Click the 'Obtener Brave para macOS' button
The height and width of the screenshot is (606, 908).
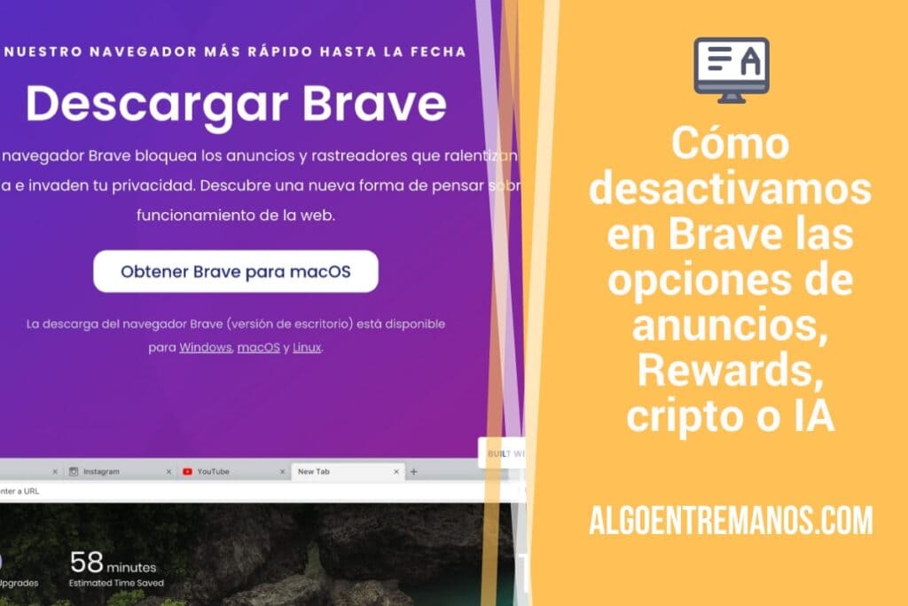236,272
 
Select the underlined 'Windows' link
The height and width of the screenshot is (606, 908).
206,348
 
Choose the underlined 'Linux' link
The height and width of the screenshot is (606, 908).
307,348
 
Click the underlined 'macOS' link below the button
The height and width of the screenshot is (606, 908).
259,348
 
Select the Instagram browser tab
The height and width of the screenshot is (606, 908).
101,471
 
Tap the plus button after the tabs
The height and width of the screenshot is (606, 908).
414,471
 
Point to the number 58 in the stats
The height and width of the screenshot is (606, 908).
87,563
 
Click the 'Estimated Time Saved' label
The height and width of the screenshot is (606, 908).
115,583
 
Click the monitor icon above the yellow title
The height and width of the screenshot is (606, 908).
731,69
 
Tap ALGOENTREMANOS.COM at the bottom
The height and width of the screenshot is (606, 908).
731,521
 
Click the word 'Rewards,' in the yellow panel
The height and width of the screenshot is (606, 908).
731,372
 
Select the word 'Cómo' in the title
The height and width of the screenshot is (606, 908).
731,144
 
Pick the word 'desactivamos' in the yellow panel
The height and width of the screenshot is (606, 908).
731,189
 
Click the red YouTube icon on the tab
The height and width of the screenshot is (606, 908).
187,471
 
